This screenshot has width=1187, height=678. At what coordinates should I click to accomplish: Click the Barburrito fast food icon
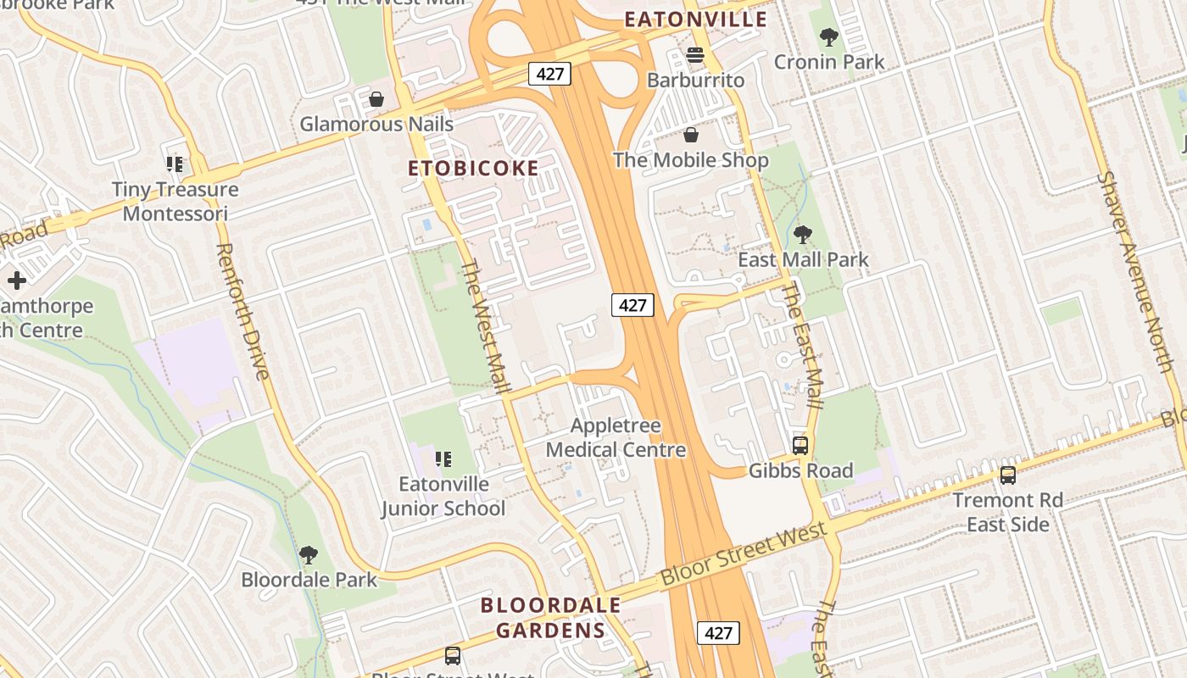pos(695,56)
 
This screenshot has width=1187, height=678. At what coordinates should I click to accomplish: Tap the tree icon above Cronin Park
pos(828,37)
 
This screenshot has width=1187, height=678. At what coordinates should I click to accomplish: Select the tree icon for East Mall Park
pos(802,235)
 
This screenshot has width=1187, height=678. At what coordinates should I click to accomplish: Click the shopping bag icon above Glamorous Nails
pos(376,100)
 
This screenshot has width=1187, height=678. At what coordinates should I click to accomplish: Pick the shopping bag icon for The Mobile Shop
pos(691,135)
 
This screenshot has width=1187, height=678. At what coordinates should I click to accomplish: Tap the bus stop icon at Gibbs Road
pos(800,445)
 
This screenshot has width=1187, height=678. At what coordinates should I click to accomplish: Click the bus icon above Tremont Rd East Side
pos(1007,475)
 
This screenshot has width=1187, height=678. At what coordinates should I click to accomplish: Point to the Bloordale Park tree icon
pos(309,555)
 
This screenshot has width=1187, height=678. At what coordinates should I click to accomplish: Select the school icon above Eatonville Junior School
pos(443,459)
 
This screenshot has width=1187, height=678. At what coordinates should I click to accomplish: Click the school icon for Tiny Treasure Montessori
pos(175,164)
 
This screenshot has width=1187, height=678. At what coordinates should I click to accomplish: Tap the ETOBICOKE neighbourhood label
pos(473,168)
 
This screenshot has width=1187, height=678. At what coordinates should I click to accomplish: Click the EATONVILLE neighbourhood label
pos(695,19)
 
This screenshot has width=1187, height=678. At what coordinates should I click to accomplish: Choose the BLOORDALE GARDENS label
pos(550,618)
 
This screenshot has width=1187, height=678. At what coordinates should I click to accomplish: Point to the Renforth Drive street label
pos(242,310)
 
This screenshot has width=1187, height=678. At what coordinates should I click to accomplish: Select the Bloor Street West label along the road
pos(743,555)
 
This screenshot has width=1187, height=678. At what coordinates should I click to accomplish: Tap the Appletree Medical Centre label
pos(616,437)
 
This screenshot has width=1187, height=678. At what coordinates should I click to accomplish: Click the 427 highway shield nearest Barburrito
pos(549,74)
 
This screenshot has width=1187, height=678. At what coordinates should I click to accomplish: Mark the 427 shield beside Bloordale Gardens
pos(717,633)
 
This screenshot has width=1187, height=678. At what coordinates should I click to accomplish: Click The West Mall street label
pos(485,327)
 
